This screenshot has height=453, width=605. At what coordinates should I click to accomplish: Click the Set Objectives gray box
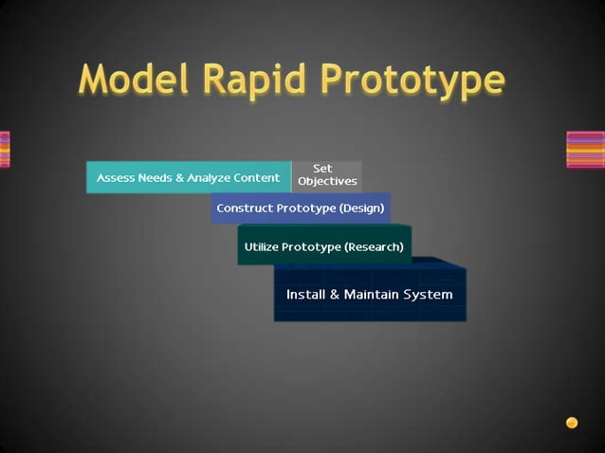(x=327, y=175)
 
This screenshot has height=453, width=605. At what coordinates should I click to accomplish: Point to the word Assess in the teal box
(x=116, y=177)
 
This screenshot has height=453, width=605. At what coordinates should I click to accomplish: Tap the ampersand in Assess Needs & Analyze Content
(x=180, y=177)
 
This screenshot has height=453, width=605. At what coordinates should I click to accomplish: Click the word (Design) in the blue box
(x=361, y=208)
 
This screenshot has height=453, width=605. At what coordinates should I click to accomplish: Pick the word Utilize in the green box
(x=265, y=246)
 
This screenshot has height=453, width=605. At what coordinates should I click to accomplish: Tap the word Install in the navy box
(x=304, y=294)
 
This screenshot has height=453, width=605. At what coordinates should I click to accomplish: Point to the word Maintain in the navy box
(x=372, y=294)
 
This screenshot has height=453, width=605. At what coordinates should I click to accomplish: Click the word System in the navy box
(x=428, y=294)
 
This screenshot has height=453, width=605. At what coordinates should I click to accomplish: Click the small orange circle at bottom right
(x=572, y=423)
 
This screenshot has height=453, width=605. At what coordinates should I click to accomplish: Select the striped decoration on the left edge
(x=5, y=150)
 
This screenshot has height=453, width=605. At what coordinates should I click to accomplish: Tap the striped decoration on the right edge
(x=585, y=150)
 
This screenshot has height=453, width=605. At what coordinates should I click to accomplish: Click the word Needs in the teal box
(x=156, y=177)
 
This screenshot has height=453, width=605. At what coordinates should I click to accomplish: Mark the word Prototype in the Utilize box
(x=314, y=246)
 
